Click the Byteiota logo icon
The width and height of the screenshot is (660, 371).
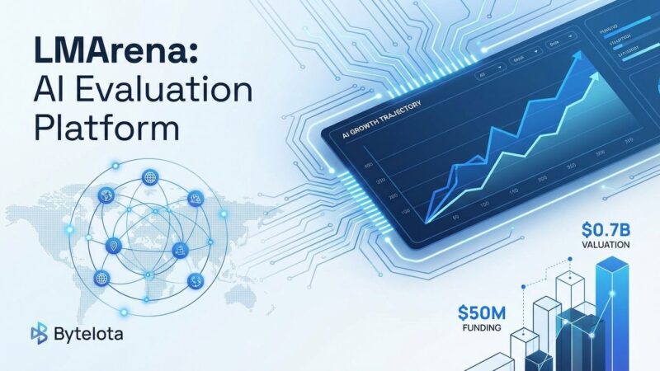39,334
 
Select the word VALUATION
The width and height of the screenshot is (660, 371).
606,245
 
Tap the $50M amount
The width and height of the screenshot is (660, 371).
483,313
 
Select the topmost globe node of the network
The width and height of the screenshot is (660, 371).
149,176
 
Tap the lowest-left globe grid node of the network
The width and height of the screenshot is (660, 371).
102,277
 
